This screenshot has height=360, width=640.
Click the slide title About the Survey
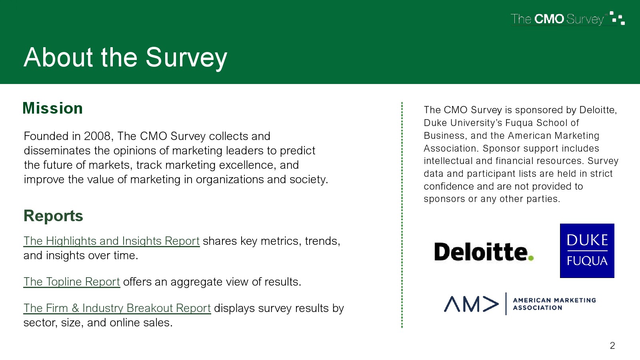pyautogui.click(x=125, y=58)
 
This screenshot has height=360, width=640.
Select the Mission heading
pyautogui.click(x=52, y=108)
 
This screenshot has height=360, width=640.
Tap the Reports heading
pyautogui.click(x=53, y=216)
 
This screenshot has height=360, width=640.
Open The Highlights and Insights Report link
pyautogui.click(x=112, y=241)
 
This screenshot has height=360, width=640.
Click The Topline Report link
pyautogui.click(x=72, y=282)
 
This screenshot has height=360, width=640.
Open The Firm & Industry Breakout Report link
pyautogui.click(x=117, y=308)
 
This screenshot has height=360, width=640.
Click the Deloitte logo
pyautogui.click(x=484, y=252)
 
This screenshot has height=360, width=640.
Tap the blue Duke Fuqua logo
pyautogui.click(x=587, y=250)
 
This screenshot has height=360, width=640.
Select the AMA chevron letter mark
pyautogui.click(x=471, y=304)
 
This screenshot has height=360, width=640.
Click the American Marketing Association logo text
pyautogui.click(x=554, y=304)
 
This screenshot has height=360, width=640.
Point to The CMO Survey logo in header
pyautogui.click(x=568, y=18)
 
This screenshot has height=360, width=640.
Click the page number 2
pyautogui.click(x=612, y=346)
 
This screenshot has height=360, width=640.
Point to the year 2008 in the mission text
pyautogui.click(x=97, y=136)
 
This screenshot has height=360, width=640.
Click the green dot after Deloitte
pyautogui.click(x=531, y=258)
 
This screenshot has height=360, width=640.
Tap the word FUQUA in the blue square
pyautogui.click(x=587, y=261)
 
